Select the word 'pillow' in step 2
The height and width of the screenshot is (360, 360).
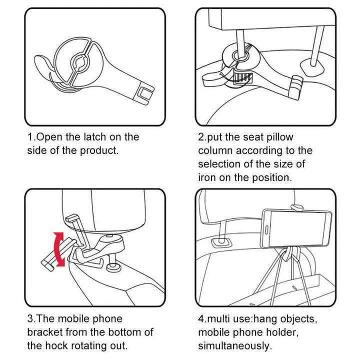(x=279, y=137)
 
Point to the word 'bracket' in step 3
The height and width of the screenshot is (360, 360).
(x=48, y=332)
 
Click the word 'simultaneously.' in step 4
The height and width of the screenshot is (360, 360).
(x=235, y=345)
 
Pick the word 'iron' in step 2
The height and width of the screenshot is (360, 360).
(x=207, y=177)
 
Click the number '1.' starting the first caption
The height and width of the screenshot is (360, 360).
(x=31, y=137)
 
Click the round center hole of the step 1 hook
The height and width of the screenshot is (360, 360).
(x=80, y=62)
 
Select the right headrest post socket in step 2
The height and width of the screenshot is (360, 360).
(x=310, y=65)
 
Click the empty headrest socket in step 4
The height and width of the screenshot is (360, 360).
(x=219, y=241)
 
